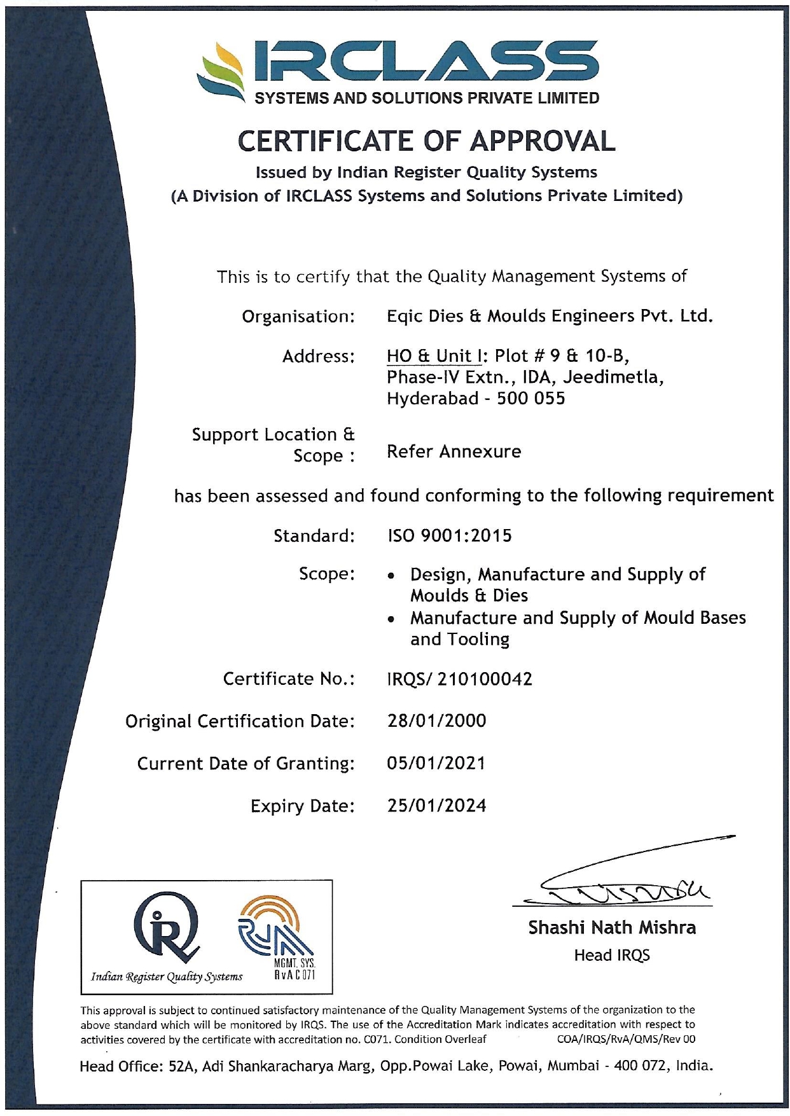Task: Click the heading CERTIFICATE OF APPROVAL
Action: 426,141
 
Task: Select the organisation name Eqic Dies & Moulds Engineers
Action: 550,316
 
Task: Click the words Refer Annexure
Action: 454,451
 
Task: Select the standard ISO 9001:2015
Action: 449,536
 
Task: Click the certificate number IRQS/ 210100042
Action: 459,679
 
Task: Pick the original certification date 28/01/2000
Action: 436,721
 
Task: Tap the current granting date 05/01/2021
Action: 436,763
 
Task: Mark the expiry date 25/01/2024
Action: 436,806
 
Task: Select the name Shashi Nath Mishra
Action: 611,928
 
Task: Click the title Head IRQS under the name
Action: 611,955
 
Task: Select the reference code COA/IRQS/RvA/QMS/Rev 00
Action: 626,1039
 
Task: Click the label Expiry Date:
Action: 302,806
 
